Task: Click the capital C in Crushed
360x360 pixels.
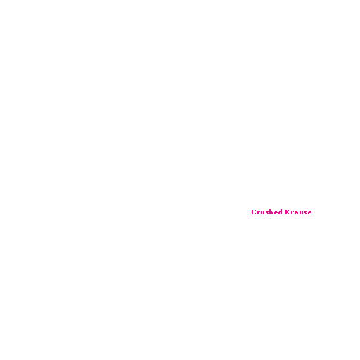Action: tap(254, 212)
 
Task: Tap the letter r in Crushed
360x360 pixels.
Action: tap(259, 213)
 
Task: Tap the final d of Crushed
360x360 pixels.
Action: tap(280, 212)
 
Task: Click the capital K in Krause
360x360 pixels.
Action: tap(288, 212)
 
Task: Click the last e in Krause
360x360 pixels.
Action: tap(310, 213)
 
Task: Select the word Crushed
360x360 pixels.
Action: tap(266, 212)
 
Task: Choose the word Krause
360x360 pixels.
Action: tap(299, 212)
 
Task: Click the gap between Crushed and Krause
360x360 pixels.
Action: tap(284, 212)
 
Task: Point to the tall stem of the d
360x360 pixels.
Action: tap(281, 212)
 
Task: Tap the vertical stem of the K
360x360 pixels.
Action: tap(286, 212)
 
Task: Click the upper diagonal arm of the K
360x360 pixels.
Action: tap(289, 210)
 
